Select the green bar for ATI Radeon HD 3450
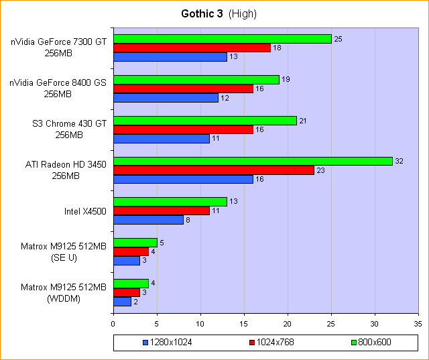[252, 161]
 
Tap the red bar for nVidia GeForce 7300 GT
[192, 48]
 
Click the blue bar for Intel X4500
[148, 219]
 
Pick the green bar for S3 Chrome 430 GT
[204, 120]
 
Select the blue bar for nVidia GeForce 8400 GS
[166, 98]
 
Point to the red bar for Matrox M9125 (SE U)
[131, 251]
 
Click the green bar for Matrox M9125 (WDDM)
[131, 283]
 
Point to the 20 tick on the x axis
[288, 323]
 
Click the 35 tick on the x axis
[418, 323]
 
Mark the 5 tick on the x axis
[157, 323]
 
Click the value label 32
[400, 162]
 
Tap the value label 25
[339, 39]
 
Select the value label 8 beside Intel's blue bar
[188, 219]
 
